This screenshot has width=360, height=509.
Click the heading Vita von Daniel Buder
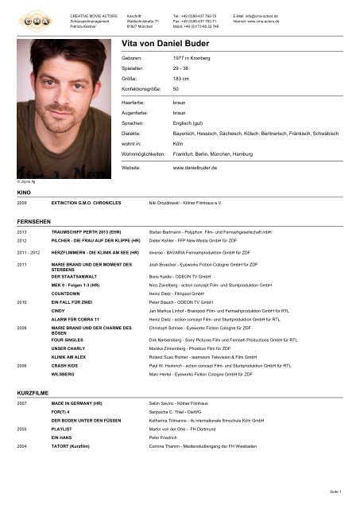[175, 45]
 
